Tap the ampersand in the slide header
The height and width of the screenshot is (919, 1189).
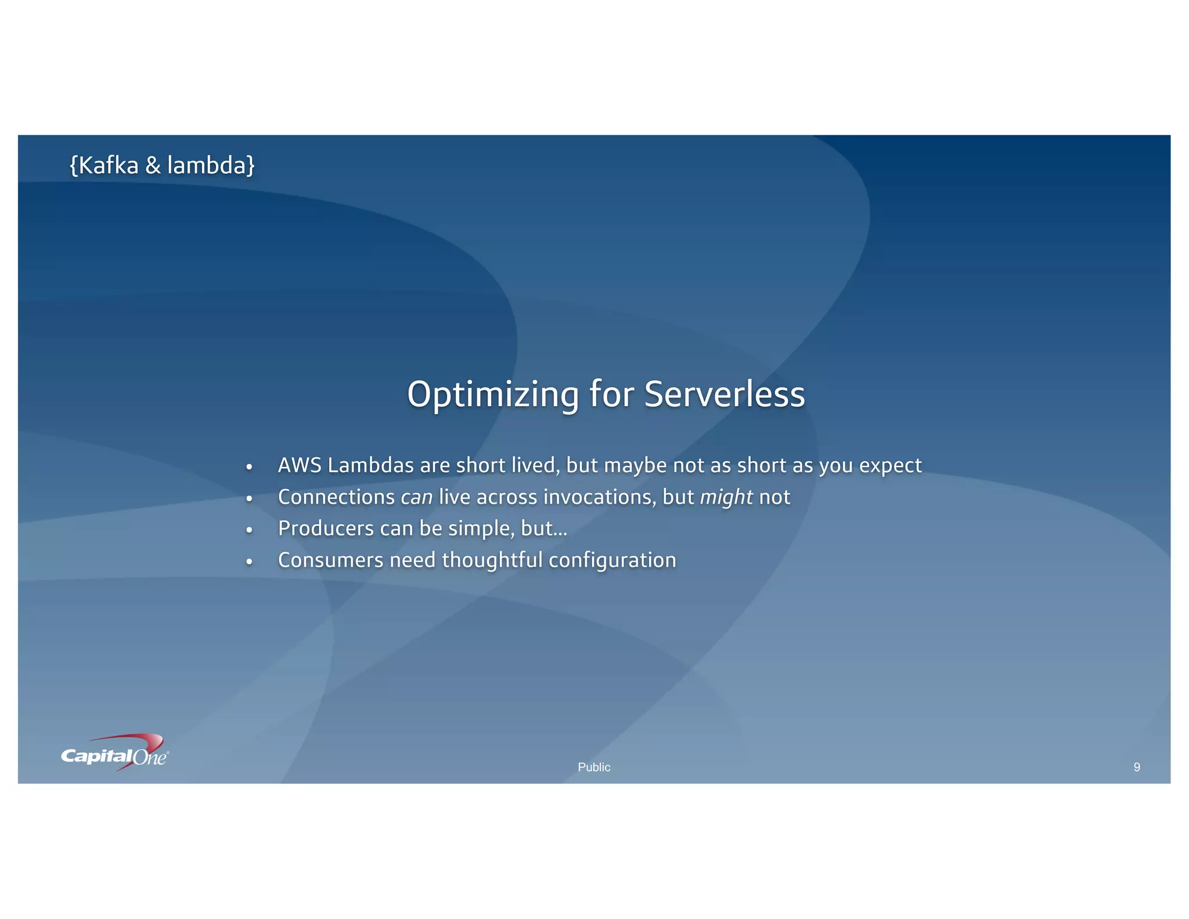(153, 166)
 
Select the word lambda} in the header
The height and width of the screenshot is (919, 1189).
(211, 166)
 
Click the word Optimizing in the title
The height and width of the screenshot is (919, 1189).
(493, 395)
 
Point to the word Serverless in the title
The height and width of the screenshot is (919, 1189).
(725, 394)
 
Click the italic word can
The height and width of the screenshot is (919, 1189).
(416, 497)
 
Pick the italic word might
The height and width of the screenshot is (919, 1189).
(726, 498)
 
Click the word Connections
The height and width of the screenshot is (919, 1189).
(336, 497)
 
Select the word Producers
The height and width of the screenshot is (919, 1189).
(326, 529)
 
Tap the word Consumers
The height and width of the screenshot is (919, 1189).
(330, 561)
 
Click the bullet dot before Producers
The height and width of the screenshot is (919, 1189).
(249, 530)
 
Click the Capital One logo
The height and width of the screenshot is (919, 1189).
(115, 753)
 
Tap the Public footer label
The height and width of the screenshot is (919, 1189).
(594, 767)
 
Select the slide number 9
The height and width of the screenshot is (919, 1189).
(1137, 767)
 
